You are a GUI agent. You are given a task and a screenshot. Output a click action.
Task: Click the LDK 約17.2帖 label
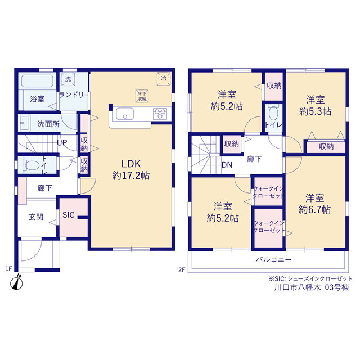tap(131, 170)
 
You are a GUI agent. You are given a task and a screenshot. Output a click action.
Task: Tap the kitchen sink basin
tap(125, 114)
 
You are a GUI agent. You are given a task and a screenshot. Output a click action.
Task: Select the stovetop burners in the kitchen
tap(160, 114)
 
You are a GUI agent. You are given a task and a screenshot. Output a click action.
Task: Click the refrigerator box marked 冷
tap(164, 79)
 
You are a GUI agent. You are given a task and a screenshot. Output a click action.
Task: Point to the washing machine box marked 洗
tap(68, 79)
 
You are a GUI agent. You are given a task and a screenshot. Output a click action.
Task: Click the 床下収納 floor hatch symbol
tap(142, 96)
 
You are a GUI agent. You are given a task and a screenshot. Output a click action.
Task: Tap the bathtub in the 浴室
tap(37, 81)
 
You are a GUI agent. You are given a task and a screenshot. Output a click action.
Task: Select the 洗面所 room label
tap(48, 124)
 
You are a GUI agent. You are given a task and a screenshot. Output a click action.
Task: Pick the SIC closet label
tap(69, 215)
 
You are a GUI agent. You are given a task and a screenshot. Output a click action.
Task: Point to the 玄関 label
tap(36, 217)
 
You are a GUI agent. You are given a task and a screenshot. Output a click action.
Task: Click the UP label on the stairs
tap(62, 143)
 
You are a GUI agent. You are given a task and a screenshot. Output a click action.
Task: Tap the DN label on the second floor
tap(227, 165)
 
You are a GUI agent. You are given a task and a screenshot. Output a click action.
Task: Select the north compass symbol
tap(16, 282)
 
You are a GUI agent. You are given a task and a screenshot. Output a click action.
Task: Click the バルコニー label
tap(274, 260)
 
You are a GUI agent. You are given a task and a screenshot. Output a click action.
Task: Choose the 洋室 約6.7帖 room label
tap(314, 204)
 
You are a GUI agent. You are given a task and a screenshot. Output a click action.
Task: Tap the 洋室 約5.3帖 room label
tap(315, 106)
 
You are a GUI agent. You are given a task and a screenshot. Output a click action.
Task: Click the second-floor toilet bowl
tap(273, 113)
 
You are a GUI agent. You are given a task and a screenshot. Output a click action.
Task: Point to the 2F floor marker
tap(182, 270)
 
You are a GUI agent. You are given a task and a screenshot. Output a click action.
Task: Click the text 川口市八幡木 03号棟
tap(312, 287)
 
